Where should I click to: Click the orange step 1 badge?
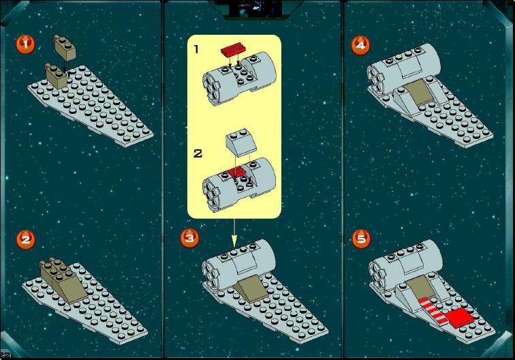tap(26, 44)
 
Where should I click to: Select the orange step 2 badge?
tap(26, 239)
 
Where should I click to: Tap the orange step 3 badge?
tap(189, 238)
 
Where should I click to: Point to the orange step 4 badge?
tap(360, 45)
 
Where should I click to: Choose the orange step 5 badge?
tap(361, 239)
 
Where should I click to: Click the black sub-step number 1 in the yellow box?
tap(196, 49)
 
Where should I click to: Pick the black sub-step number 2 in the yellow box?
tap(198, 153)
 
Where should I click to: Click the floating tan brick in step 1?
tap(65, 48)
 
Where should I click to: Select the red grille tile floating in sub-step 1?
tap(234, 50)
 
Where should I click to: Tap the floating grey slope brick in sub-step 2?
tap(241, 142)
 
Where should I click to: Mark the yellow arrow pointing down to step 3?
tap(234, 232)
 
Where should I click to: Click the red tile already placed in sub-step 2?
tap(237, 172)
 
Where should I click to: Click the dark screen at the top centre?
tap(255, 9)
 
